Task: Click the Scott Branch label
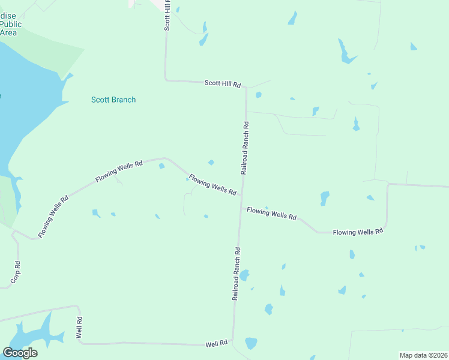click(113, 100)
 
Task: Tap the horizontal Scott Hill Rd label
click(222, 84)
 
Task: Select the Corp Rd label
click(16, 272)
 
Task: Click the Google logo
click(20, 352)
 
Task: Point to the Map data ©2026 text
click(423, 355)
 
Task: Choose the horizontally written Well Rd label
click(216, 344)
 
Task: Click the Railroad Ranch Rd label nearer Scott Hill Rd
click(245, 148)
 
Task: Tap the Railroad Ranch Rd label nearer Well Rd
click(237, 274)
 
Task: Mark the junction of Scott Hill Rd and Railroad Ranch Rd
click(246, 87)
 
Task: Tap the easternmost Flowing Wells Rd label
click(358, 232)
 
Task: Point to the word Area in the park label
click(8, 33)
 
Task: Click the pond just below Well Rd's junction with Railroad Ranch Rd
click(251, 343)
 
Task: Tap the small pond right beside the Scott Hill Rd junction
click(258, 95)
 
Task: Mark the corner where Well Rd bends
click(80, 343)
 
